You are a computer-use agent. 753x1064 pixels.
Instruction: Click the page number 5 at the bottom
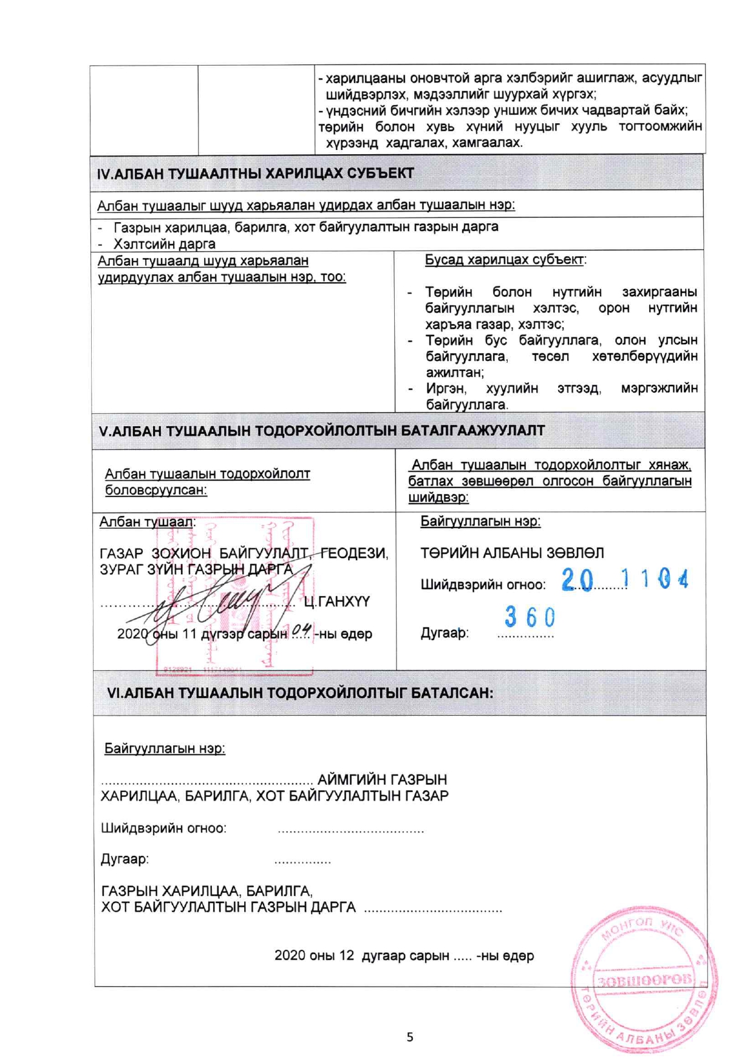[x=410, y=1037]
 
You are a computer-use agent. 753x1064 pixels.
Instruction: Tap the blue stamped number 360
[x=530, y=617]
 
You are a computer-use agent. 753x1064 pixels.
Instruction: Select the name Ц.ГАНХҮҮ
[x=336, y=601]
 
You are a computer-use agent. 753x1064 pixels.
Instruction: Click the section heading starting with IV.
[x=255, y=174]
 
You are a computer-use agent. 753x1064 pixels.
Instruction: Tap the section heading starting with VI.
[x=300, y=693]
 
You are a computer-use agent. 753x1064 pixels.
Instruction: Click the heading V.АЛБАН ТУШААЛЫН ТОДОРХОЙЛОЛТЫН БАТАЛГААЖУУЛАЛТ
[x=322, y=431]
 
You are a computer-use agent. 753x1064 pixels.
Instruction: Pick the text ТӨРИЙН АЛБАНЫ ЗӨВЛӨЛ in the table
[x=512, y=553]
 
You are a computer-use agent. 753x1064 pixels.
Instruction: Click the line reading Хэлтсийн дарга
[x=164, y=244]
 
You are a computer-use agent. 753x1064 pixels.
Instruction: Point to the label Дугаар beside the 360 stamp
[x=445, y=633]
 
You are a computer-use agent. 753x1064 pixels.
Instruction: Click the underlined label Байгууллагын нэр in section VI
[x=165, y=748]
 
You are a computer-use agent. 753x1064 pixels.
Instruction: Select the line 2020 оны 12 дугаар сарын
[x=404, y=955]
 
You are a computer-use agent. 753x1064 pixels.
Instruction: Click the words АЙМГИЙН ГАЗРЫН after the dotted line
[x=382, y=779]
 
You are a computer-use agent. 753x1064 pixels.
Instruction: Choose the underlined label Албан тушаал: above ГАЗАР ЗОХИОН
[x=147, y=521]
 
